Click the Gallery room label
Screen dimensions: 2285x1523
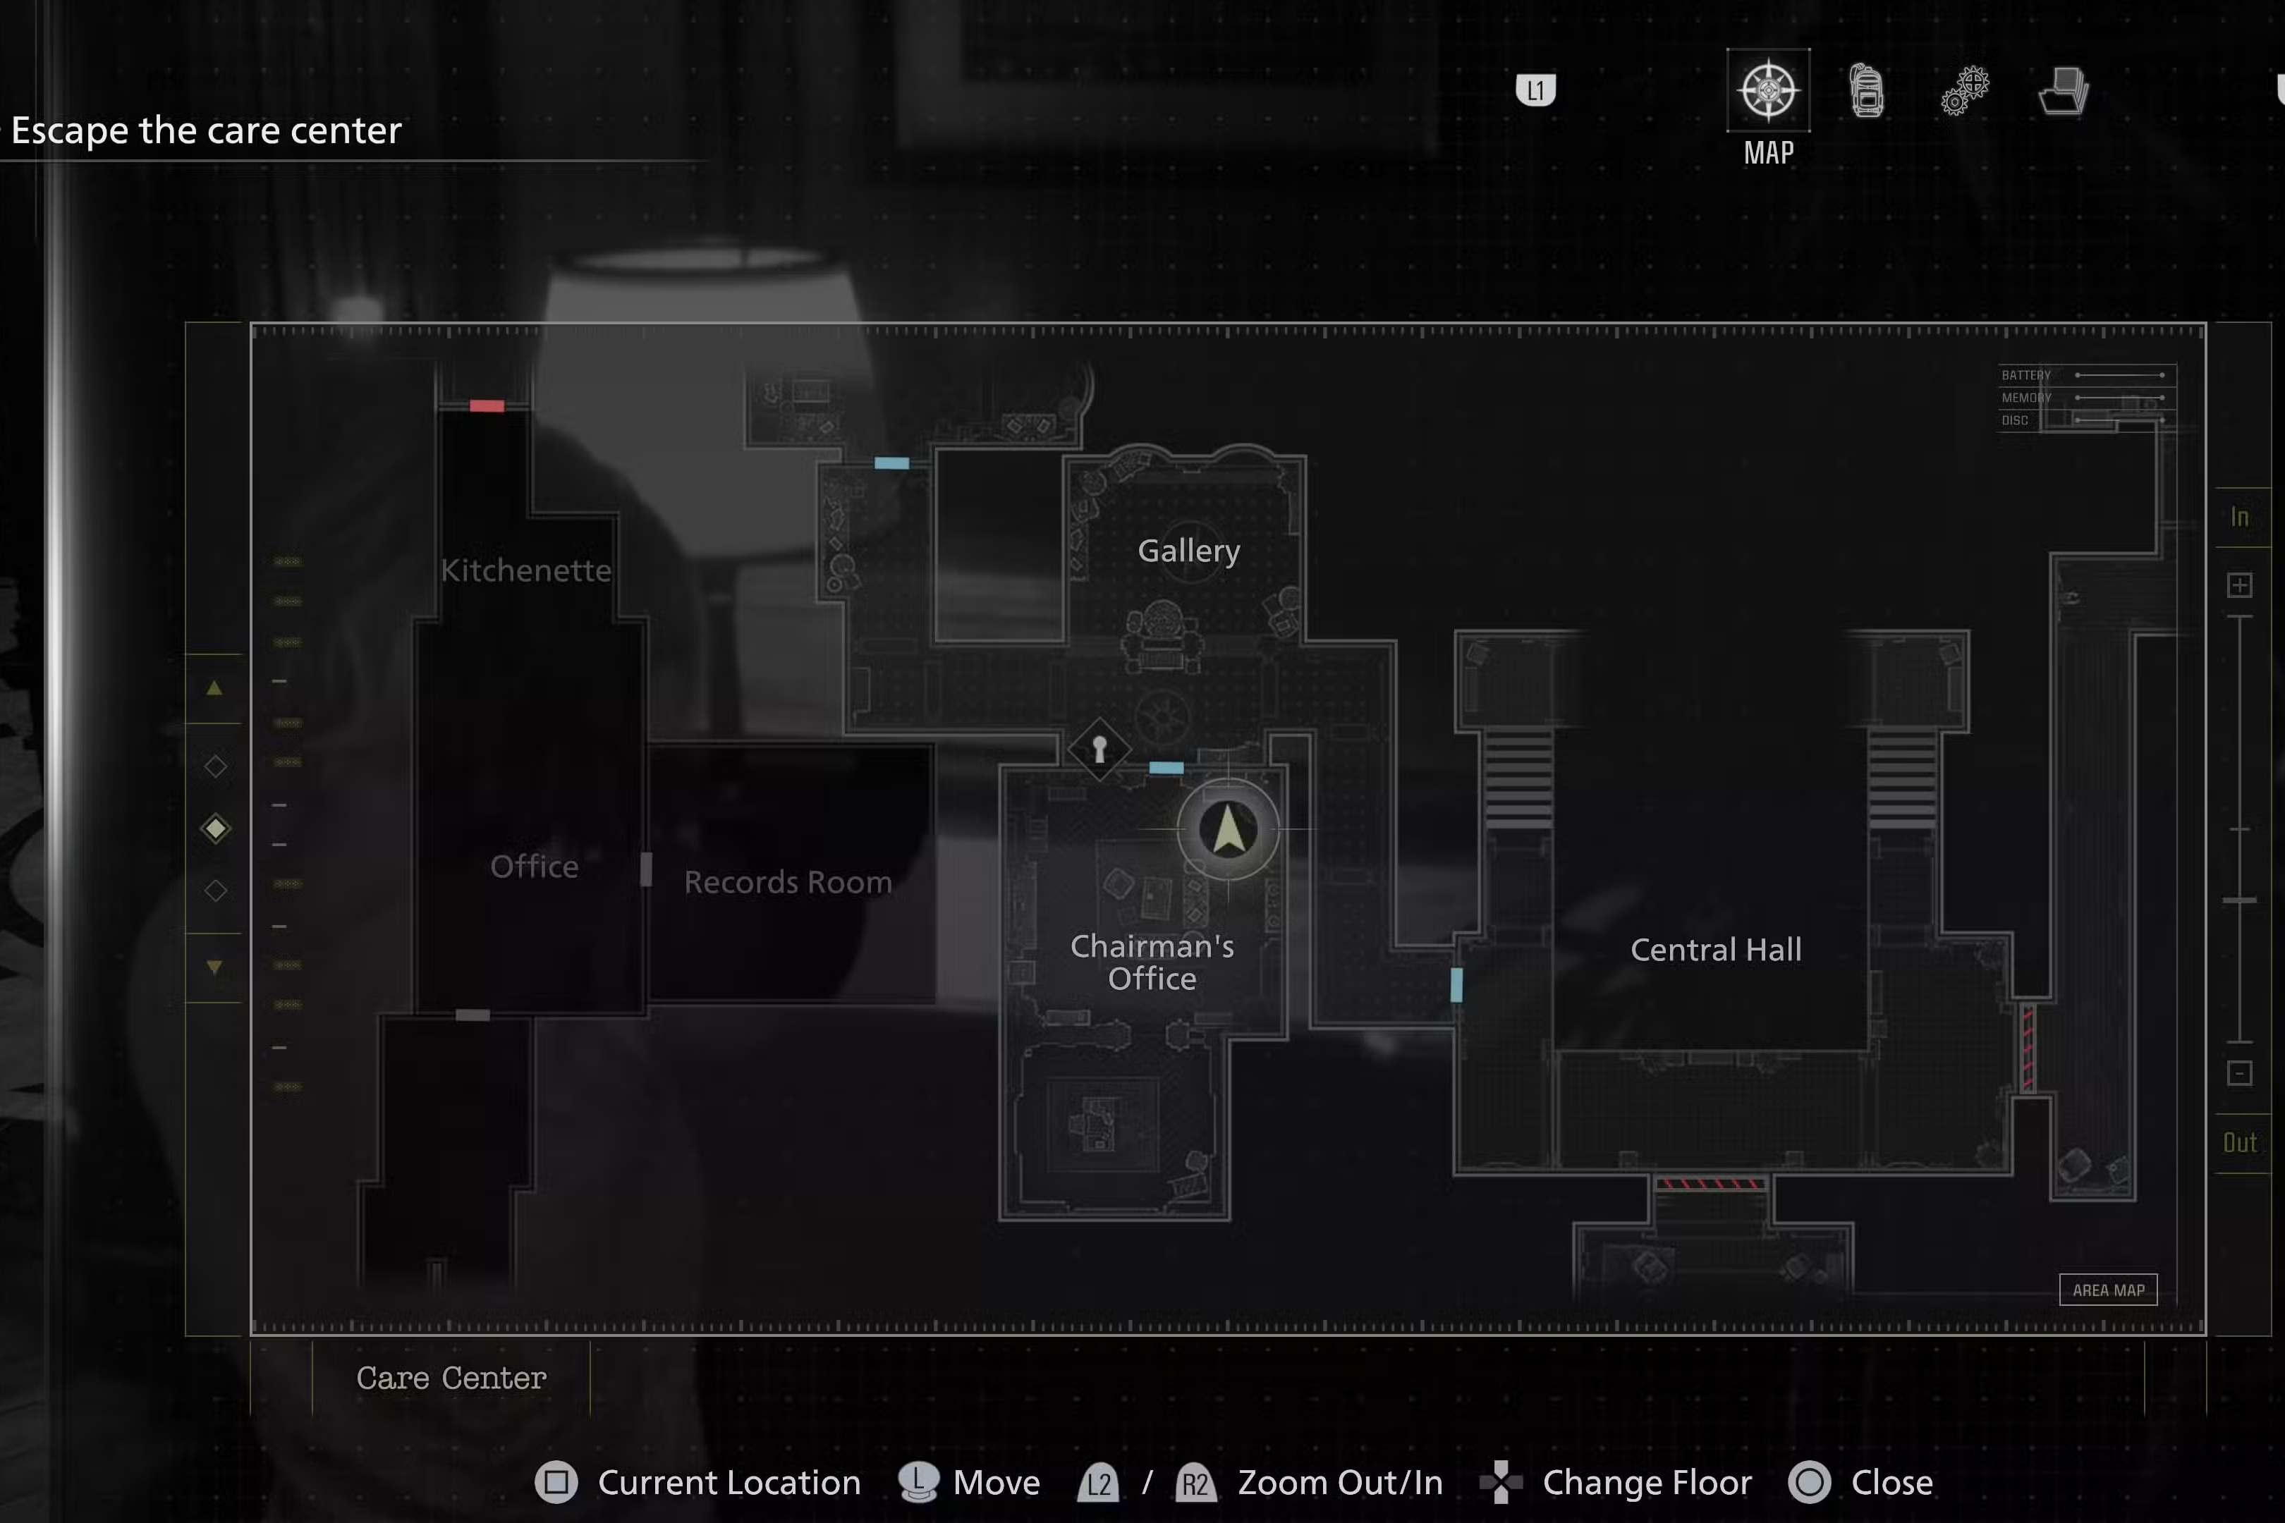click(x=1188, y=551)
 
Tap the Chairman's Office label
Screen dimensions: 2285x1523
click(x=1152, y=962)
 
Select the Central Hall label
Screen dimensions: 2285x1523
click(x=1716, y=949)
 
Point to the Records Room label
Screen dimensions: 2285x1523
click(x=788, y=882)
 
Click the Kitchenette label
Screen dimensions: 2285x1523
click(x=525, y=570)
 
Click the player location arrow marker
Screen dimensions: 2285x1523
click(x=1228, y=831)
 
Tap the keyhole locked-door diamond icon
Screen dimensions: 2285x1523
click(x=1099, y=749)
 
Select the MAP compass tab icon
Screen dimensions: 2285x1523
click(x=1768, y=90)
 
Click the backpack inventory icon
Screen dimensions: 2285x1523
click(x=1866, y=91)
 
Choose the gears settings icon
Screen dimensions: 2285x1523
click(x=1964, y=91)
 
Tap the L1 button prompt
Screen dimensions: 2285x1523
click(x=1535, y=90)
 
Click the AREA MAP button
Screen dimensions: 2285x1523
click(x=2108, y=1290)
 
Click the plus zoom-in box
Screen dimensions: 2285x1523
click(x=2239, y=585)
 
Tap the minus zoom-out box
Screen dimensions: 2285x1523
click(x=2239, y=1073)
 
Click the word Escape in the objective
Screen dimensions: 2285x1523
click(x=69, y=130)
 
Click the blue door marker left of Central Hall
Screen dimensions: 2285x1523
click(x=1456, y=985)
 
